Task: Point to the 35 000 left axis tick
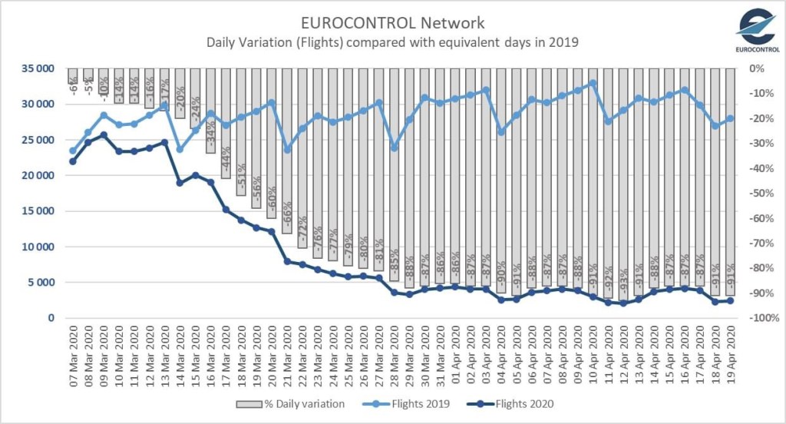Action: click(39, 68)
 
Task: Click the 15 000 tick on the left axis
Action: click(39, 211)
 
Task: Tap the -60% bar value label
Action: click(272, 202)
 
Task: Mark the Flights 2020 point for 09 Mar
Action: click(103, 134)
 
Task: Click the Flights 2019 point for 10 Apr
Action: click(592, 82)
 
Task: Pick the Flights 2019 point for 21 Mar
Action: click(287, 150)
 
